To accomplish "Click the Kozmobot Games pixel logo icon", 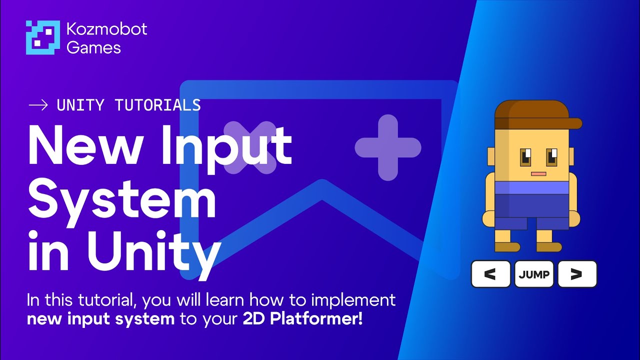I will click(x=42, y=37).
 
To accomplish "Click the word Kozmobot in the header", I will click(x=106, y=29).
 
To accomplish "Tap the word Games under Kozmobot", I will click(x=93, y=47).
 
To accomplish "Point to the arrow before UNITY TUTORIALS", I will click(x=38, y=105).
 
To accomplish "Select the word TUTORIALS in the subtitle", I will click(x=157, y=105).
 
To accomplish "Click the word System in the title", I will click(x=122, y=197).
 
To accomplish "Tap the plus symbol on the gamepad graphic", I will click(x=387, y=147).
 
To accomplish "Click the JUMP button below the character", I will click(x=534, y=274).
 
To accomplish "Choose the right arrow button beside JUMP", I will click(x=577, y=274).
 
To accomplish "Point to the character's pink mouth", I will click(x=538, y=174).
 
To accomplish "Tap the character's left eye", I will click(x=526, y=157).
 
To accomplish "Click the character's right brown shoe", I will click(x=549, y=247).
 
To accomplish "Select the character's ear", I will click(x=490, y=159).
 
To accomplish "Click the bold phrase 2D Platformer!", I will click(x=302, y=319).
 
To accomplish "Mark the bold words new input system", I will click(x=100, y=319).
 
